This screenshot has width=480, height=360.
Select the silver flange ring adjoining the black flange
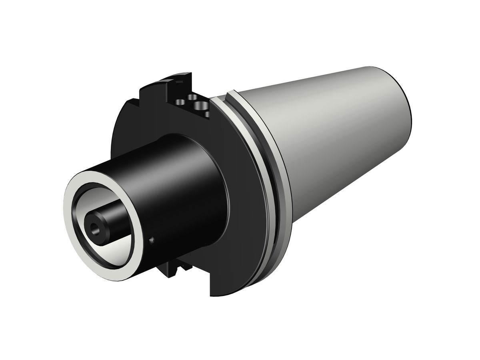(264, 168)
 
